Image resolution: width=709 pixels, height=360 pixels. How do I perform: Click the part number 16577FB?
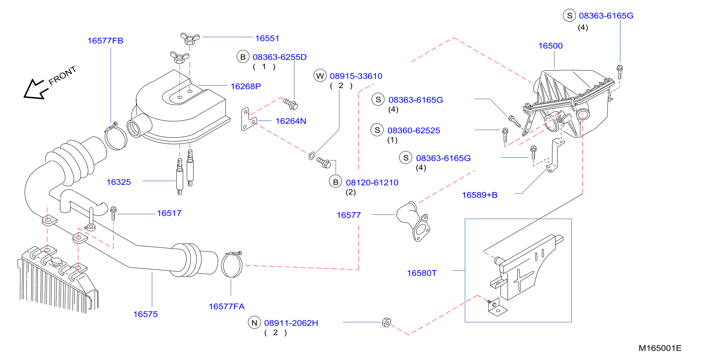point(106,41)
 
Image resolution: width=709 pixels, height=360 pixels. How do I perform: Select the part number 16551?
point(267,38)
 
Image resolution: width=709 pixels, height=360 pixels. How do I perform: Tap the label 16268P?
point(246,86)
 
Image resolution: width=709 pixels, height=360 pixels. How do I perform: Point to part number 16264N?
point(291,121)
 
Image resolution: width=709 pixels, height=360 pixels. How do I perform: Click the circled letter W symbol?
point(320,76)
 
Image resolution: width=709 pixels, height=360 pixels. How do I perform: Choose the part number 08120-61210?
point(372,182)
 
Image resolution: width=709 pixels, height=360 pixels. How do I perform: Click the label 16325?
point(119,182)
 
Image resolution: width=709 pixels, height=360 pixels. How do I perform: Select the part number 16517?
point(169,213)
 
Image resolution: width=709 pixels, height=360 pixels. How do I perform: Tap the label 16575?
point(146,314)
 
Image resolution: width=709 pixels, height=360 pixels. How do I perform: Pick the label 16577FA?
point(227,306)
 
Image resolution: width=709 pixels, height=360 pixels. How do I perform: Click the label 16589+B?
point(480,195)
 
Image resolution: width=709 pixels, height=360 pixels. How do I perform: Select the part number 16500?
point(550,46)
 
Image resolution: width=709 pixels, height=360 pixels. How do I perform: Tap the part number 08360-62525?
point(414,131)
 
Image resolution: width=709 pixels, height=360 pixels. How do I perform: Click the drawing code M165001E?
point(660,348)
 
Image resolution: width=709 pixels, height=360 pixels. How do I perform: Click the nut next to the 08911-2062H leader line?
point(386,322)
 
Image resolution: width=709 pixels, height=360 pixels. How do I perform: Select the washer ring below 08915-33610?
point(312,156)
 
